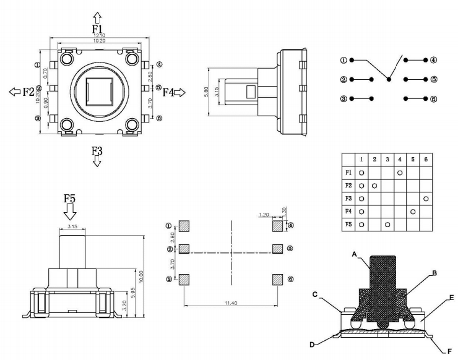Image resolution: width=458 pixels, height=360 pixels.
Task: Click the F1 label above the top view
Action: (97, 29)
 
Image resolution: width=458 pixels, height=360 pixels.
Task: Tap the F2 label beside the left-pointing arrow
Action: (28, 92)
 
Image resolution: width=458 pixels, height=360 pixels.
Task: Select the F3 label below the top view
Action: (97, 150)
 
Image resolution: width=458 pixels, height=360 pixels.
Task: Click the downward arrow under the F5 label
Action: (70, 212)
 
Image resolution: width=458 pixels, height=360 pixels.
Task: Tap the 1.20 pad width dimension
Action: (263, 215)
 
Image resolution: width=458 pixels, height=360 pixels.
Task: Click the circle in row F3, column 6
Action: (426, 199)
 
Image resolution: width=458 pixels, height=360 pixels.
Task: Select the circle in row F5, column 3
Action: (387, 224)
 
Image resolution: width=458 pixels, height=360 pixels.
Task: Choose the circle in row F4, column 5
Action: (413, 212)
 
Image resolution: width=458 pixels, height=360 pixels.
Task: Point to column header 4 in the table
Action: (400, 160)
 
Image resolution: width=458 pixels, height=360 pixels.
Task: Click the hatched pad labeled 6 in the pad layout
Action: (277, 280)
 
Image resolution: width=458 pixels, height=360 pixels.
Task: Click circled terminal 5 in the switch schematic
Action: (434, 79)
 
